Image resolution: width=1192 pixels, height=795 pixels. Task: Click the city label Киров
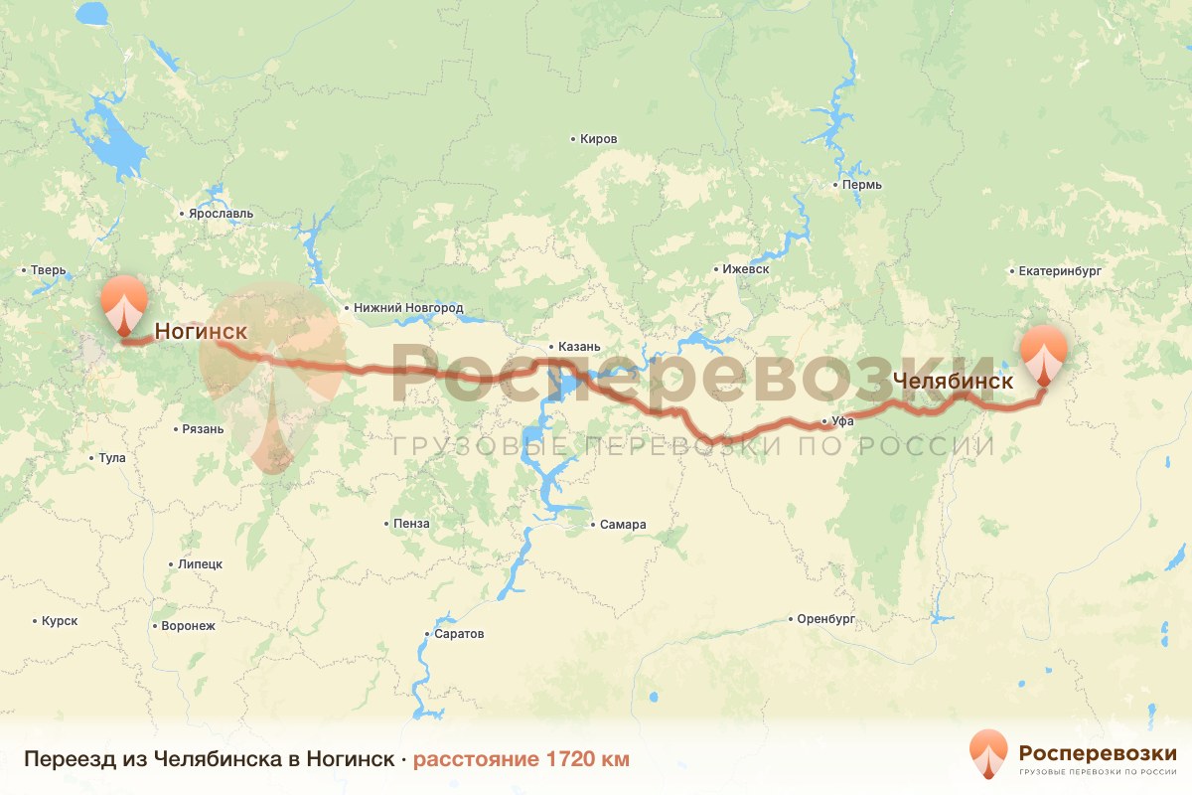click(x=598, y=139)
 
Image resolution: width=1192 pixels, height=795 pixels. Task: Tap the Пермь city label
click(x=859, y=185)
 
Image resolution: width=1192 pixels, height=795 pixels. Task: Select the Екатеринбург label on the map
click(x=1060, y=270)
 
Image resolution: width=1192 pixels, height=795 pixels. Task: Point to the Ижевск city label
click(x=745, y=269)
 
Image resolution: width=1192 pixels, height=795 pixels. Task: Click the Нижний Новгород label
click(x=408, y=308)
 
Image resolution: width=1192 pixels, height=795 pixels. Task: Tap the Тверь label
click(x=48, y=269)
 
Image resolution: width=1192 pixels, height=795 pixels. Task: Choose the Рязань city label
click(x=203, y=429)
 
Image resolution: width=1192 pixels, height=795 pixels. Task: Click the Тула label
click(x=111, y=458)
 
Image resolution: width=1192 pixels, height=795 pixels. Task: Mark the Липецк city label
click(x=200, y=563)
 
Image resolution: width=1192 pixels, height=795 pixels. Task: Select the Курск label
click(x=60, y=621)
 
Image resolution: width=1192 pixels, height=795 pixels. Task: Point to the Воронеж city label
click(x=187, y=626)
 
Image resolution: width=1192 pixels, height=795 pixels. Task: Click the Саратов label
click(x=459, y=633)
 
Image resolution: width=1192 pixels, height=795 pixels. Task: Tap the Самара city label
click(x=623, y=525)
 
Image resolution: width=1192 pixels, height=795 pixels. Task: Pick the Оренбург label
click(x=825, y=619)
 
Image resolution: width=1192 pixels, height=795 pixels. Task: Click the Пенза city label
click(x=411, y=524)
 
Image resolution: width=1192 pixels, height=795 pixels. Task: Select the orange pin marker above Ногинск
click(x=123, y=304)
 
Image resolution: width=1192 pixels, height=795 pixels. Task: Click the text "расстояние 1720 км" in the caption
click(x=521, y=759)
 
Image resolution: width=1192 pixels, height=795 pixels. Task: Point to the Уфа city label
click(x=842, y=421)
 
